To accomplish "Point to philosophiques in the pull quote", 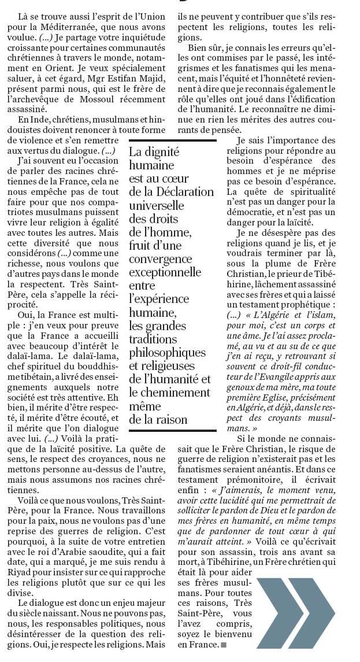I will pos(167,352).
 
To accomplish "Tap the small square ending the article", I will pos(223,644).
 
